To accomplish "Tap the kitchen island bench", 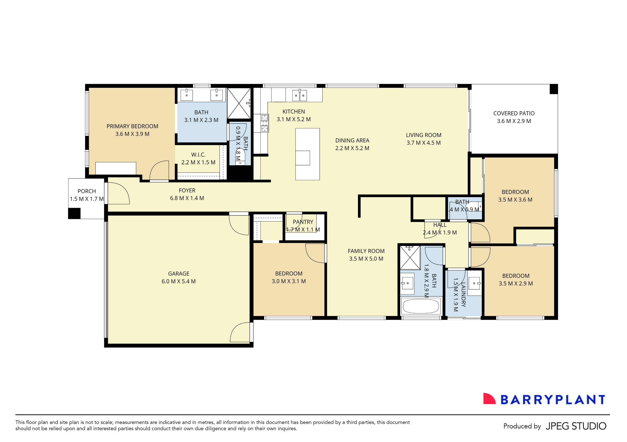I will click(x=307, y=154).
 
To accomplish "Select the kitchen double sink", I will click(x=300, y=95).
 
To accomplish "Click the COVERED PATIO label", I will click(x=514, y=113).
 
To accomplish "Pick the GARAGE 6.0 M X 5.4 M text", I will click(x=179, y=278).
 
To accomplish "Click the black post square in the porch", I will click(x=74, y=213).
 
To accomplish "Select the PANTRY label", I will click(x=303, y=222).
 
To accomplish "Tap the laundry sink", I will click(x=475, y=283).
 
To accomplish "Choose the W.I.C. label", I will click(x=198, y=155).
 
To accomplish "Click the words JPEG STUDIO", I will click(x=576, y=426).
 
